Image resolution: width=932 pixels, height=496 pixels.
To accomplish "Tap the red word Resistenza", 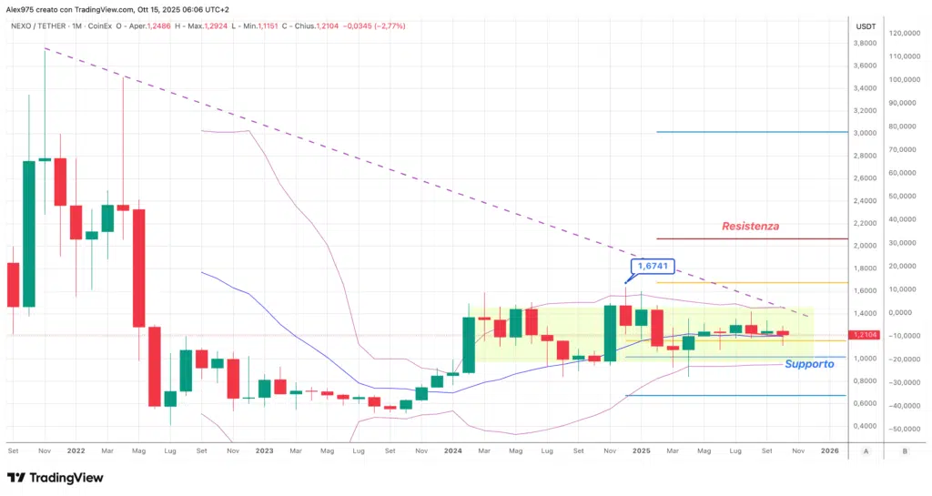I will [750, 226].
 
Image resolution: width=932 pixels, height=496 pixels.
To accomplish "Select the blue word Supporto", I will [808, 364].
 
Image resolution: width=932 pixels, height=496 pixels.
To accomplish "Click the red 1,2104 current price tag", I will [865, 335].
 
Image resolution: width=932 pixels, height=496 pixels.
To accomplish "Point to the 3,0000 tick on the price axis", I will [865, 133].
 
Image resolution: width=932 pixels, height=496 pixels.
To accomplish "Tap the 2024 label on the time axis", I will [453, 450].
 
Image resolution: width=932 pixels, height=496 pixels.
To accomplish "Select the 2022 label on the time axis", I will [76, 450].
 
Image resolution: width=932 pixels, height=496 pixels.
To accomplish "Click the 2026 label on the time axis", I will [830, 450].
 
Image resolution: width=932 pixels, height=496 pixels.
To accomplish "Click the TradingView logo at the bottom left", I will [55, 478].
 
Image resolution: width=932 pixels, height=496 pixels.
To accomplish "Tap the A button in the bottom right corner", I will [866, 450].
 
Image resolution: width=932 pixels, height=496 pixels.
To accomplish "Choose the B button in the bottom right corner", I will [904, 450].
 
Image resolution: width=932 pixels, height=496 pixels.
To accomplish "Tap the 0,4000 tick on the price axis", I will [865, 426].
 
